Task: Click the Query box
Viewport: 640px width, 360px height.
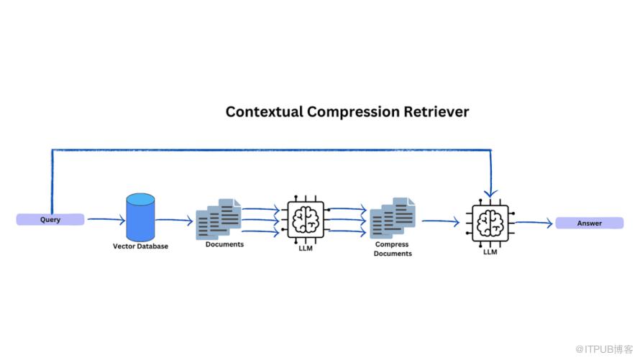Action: click(x=50, y=220)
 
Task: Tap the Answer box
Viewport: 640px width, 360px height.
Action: click(x=589, y=223)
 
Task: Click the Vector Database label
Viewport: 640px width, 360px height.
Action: click(x=141, y=246)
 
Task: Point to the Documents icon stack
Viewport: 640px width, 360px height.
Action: click(x=219, y=218)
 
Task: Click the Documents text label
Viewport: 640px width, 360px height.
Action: click(x=224, y=244)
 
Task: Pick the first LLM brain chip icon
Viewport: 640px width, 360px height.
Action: click(x=306, y=219)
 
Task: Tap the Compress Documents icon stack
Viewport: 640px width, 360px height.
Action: click(x=393, y=218)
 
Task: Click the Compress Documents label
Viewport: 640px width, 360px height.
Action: click(x=393, y=249)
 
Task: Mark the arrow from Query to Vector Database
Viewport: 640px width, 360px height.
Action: click(x=104, y=220)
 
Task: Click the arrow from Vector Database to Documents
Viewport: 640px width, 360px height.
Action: click(x=175, y=221)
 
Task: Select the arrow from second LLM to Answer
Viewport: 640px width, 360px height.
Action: click(x=533, y=223)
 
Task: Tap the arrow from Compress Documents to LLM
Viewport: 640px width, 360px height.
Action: click(x=441, y=222)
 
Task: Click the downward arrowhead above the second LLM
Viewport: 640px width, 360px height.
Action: click(x=490, y=193)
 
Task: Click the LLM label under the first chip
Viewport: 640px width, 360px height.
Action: click(x=306, y=249)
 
